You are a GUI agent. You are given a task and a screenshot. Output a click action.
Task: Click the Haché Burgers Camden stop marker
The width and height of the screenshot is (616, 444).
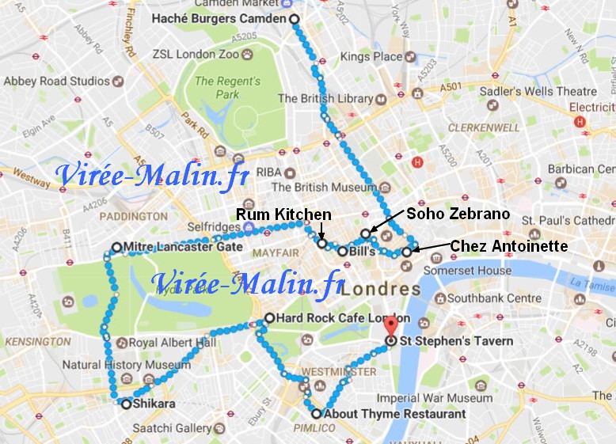click(295, 19)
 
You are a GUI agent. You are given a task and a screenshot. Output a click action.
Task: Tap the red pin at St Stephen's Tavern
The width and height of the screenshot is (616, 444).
click(390, 326)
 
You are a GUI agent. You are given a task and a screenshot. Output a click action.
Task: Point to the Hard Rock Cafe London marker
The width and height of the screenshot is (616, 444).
click(269, 318)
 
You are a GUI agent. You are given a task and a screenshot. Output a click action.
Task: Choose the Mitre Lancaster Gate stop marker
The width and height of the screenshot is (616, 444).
click(116, 247)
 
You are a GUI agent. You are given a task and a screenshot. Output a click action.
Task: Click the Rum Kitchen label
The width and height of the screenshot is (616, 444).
click(283, 214)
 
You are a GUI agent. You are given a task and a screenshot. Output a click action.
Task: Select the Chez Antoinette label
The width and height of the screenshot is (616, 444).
click(508, 247)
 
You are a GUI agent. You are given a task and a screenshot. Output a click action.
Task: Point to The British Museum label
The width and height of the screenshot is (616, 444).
click(324, 188)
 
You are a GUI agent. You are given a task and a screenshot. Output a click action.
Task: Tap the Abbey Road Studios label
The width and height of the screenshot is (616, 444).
click(56, 81)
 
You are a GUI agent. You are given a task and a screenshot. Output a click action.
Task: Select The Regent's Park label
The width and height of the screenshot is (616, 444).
click(228, 88)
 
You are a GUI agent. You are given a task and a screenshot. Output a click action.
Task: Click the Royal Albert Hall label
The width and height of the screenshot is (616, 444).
click(172, 343)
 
